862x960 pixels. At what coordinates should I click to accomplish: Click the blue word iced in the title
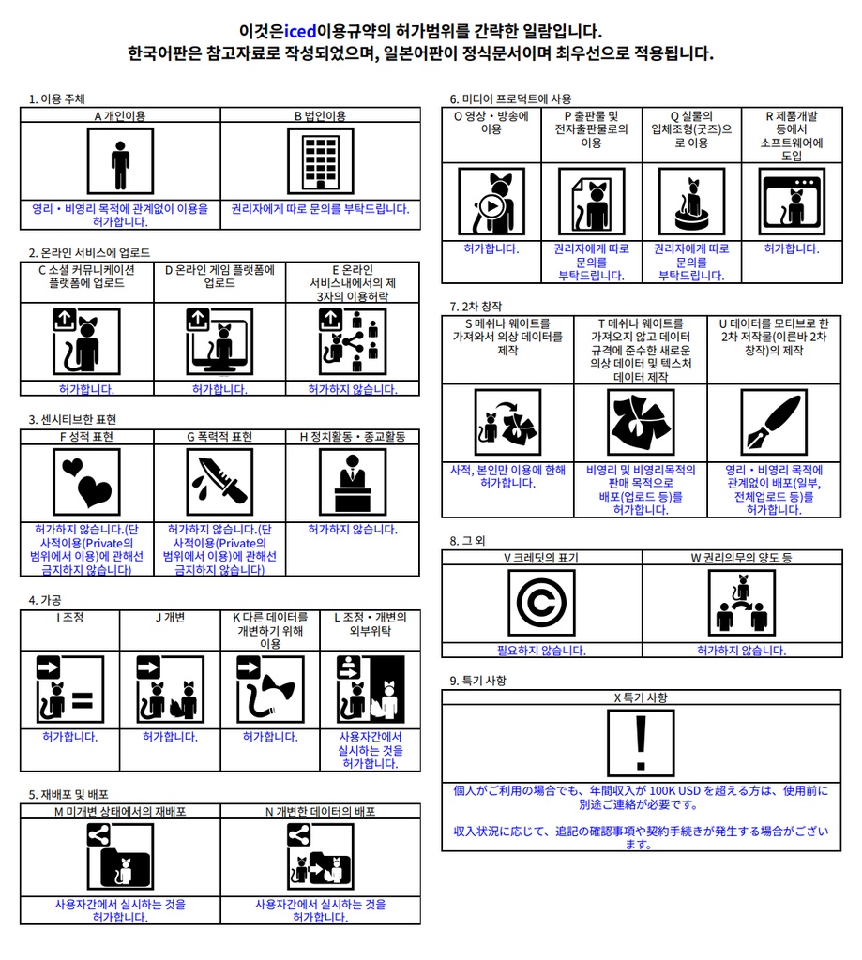pos(300,31)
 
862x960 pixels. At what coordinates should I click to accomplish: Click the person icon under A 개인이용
pos(120,161)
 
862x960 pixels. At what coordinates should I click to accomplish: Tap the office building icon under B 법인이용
pos(321,161)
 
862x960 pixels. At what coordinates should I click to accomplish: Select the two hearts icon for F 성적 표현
pos(86,482)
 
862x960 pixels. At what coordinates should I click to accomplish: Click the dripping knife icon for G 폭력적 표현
pos(219,482)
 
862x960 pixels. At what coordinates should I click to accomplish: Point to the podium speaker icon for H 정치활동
pos(353,482)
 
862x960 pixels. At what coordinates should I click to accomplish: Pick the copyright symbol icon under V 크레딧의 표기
pos(541,603)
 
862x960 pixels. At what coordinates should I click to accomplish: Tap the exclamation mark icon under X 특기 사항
pos(641,743)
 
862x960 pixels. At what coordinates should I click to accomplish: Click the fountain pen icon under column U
pos(774,422)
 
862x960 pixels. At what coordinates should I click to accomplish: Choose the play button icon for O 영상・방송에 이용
pos(491,202)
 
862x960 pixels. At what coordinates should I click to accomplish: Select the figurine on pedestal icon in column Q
pos(691,202)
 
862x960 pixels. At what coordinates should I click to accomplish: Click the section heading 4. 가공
pos(45,600)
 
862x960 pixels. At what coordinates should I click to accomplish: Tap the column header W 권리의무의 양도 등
pos(741,557)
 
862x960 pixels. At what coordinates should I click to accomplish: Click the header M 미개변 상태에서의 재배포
pos(120,811)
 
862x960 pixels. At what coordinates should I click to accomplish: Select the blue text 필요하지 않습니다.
pos(541,651)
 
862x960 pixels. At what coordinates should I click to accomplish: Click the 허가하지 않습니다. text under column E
pos(353,389)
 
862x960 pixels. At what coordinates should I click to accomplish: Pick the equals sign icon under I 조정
pos(69,689)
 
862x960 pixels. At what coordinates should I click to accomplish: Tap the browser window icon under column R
pos(793,202)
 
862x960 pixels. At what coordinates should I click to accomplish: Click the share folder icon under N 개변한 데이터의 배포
pos(321,857)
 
